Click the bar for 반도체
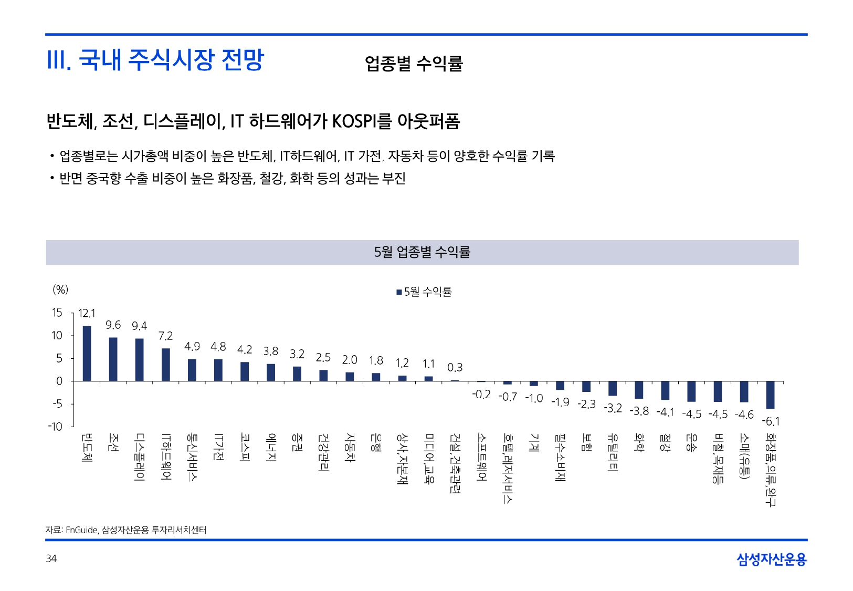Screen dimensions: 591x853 (x=87, y=354)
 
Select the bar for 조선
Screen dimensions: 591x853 (x=113, y=359)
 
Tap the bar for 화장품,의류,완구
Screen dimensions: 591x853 (x=770, y=395)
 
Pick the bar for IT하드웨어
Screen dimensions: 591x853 (x=165, y=365)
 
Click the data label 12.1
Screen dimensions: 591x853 (x=87, y=314)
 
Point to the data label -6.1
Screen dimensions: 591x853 (x=771, y=421)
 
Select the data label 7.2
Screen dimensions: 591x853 (x=165, y=336)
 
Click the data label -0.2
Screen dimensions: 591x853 (x=481, y=395)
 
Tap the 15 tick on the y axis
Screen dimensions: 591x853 (x=57, y=313)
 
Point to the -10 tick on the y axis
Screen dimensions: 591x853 (x=55, y=427)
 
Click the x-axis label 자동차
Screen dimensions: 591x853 (x=350, y=447)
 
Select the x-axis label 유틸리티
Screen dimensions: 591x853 (x=612, y=452)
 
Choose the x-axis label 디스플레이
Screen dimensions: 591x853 (x=139, y=457)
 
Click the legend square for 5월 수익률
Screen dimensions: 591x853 (x=399, y=292)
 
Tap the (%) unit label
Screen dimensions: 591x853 (x=60, y=289)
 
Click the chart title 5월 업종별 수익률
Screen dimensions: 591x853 (x=422, y=252)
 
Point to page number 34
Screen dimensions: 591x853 (x=51, y=558)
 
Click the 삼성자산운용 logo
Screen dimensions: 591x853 (x=771, y=559)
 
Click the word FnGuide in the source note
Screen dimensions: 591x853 (x=82, y=530)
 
